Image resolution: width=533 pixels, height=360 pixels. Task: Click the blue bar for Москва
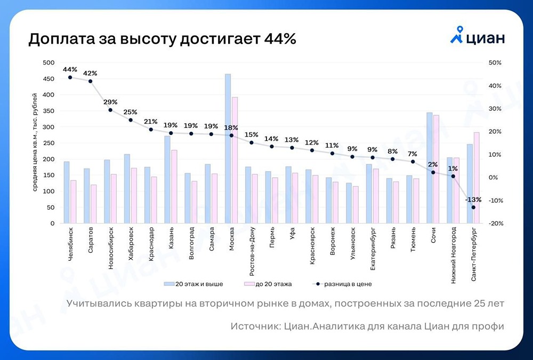click(228, 149)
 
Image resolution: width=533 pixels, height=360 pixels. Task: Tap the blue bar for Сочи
click(430, 168)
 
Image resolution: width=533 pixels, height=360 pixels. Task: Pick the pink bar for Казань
click(174, 187)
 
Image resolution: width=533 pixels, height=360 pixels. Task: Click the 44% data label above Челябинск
click(70, 69)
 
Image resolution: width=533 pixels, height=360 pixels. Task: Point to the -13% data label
click(473, 199)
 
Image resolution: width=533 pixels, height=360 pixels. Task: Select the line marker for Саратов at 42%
click(90, 82)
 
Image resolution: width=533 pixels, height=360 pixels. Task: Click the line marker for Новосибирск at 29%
click(110, 110)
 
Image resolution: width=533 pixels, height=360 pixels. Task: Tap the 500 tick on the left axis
click(49, 63)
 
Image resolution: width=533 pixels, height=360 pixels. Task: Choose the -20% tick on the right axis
click(495, 223)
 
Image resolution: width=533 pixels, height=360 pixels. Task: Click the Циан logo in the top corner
click(477, 38)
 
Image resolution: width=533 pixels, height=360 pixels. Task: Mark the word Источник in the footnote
click(253, 326)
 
